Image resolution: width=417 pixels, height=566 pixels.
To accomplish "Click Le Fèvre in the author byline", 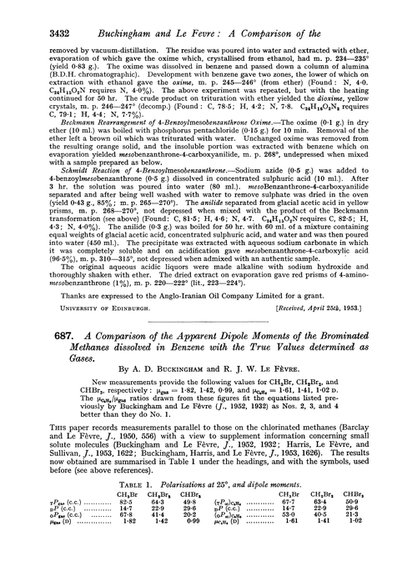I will [262, 398].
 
